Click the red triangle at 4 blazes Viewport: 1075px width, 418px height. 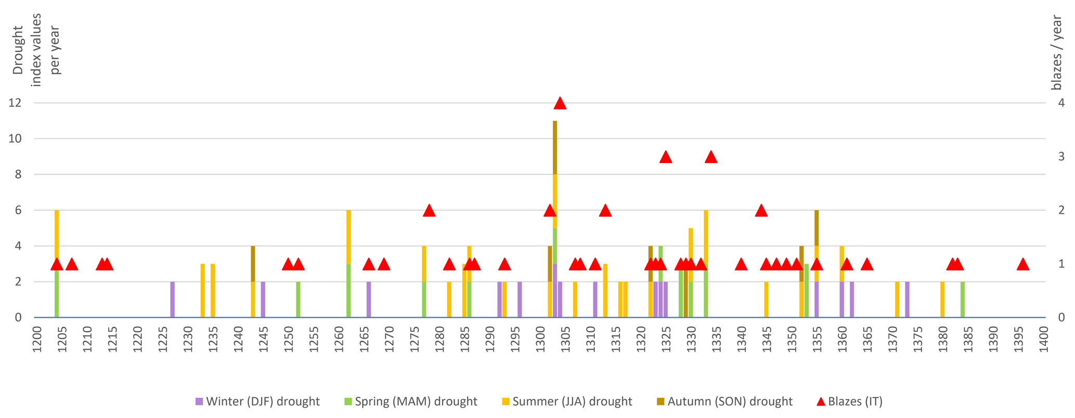560,103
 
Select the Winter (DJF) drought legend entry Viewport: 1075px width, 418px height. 257,401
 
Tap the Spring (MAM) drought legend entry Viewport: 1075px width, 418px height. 411,401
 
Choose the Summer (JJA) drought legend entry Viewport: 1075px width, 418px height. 567,401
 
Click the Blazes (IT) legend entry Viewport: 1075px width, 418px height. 850,401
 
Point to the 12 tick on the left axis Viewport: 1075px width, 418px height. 15,103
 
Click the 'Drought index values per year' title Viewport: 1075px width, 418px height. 36,49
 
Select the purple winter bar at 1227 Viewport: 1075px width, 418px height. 173,300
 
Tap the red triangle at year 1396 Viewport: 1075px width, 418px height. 1023,265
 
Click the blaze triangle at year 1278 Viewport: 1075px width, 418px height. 429,211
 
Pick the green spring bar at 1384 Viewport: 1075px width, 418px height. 963,300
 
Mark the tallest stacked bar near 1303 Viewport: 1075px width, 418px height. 555,218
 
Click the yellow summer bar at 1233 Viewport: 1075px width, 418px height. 203,291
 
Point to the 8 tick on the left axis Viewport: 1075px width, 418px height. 18,174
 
